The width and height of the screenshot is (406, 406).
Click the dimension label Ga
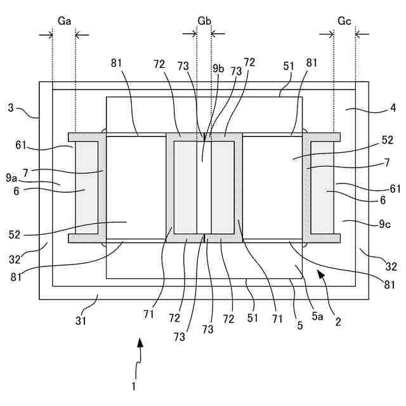pyautogui.click(x=64, y=21)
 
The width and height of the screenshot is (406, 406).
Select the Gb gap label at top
pyautogui.click(x=204, y=21)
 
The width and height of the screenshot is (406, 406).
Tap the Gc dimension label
pyautogui.click(x=344, y=21)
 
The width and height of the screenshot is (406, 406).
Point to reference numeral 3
pyautogui.click(x=11, y=108)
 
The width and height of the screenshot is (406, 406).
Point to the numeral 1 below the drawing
pyautogui.click(x=134, y=385)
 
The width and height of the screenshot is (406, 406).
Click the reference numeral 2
pyautogui.click(x=338, y=322)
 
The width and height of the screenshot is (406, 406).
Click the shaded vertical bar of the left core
pyautogui.click(x=87, y=187)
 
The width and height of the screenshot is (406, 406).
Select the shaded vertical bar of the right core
pyautogui.click(x=322, y=187)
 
